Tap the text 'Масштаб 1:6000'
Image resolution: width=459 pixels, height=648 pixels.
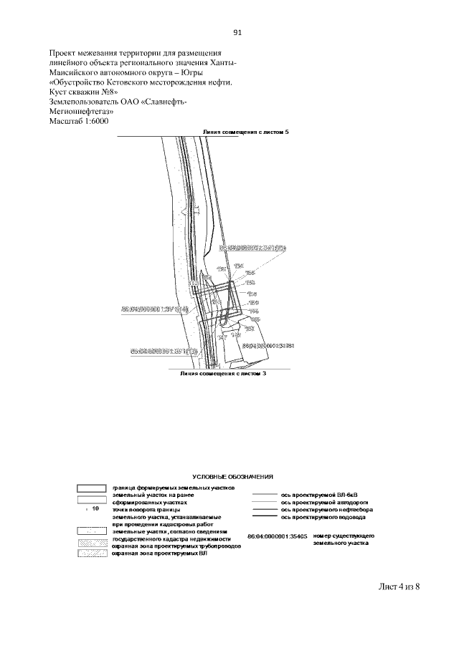tap(77, 122)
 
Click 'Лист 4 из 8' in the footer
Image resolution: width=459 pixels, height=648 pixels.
tap(398, 587)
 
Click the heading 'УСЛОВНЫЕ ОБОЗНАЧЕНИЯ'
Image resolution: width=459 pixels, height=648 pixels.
tap(233, 476)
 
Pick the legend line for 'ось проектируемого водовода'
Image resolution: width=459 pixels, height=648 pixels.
tap(265, 517)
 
